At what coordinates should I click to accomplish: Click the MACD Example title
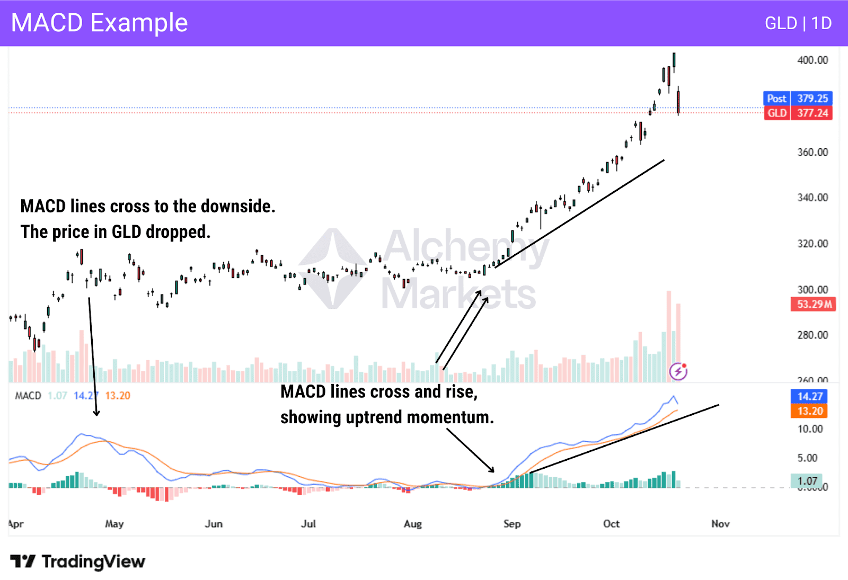[100, 23]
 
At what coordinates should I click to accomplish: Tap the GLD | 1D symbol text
[798, 23]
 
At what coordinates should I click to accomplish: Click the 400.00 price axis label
[812, 60]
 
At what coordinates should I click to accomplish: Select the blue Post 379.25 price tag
[798, 99]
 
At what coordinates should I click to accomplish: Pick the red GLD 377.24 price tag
[798, 113]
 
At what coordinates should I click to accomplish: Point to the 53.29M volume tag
[813, 304]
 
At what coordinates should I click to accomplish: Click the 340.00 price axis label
[812, 198]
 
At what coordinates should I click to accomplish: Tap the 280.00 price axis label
[812, 335]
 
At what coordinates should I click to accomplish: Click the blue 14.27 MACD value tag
[810, 396]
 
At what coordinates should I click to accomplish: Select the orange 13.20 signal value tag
[810, 411]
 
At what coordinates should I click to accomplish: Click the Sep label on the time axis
[512, 524]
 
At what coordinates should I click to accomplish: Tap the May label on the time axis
[114, 524]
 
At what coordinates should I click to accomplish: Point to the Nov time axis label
[720, 524]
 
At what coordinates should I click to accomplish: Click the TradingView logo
[77, 561]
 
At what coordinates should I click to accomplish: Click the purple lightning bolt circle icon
[678, 371]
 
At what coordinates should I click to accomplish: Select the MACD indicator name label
[28, 396]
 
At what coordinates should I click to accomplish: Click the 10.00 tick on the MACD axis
[810, 429]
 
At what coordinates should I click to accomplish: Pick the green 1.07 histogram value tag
[807, 481]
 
